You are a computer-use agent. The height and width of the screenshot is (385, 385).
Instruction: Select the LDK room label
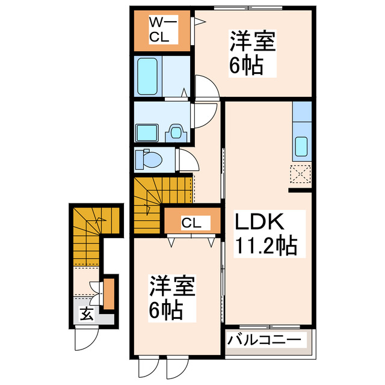click(259, 222)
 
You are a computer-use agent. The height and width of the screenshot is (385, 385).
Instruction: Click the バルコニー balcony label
click(263, 340)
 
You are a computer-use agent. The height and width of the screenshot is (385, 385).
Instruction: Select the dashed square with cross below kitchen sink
click(300, 174)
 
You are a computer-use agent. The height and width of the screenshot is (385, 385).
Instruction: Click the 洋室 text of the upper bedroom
click(252, 43)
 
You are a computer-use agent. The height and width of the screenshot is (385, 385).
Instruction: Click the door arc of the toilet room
click(189, 161)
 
